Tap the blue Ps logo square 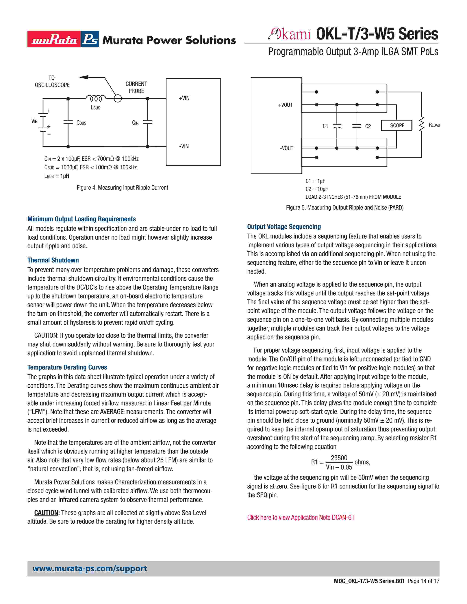(x=90, y=39)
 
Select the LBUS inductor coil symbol (x=96, y=98)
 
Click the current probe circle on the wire (x=118, y=98)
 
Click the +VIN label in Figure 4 (x=184, y=98)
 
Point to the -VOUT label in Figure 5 (x=286, y=148)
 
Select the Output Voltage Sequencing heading (x=284, y=227)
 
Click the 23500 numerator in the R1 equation (x=339, y=458)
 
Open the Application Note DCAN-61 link (x=301, y=517)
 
